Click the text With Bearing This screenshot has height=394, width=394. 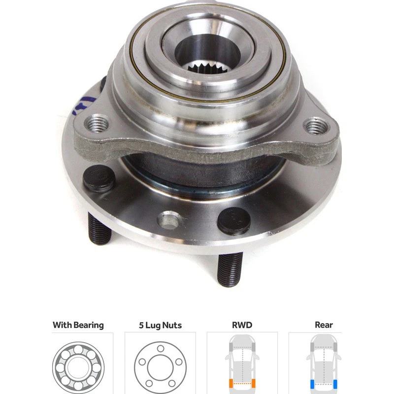point(78,325)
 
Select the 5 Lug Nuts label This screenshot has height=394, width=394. point(161,325)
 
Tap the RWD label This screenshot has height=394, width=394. point(242,325)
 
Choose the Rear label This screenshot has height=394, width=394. point(324,325)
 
